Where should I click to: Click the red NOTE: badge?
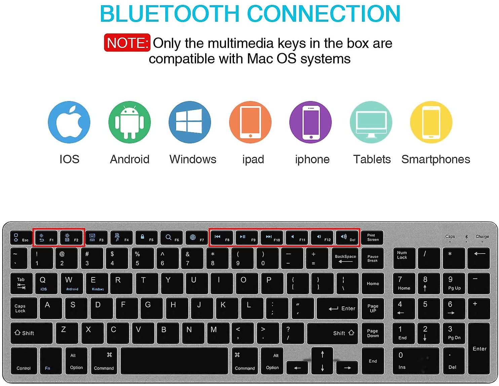click(127, 43)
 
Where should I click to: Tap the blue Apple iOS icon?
click(69, 122)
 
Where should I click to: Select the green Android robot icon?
click(129, 122)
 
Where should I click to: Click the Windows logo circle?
click(190, 122)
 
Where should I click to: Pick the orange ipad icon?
click(250, 122)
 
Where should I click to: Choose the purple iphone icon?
click(310, 122)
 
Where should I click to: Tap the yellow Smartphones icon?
click(431, 122)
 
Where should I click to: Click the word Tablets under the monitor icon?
click(372, 159)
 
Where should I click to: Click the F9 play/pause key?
click(247, 238)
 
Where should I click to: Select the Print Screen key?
click(373, 238)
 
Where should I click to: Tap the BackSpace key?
click(345, 259)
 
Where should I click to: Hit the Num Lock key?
click(404, 258)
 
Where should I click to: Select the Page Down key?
click(373, 333)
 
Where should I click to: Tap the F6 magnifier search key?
click(171, 238)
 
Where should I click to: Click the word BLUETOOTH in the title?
click(170, 14)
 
